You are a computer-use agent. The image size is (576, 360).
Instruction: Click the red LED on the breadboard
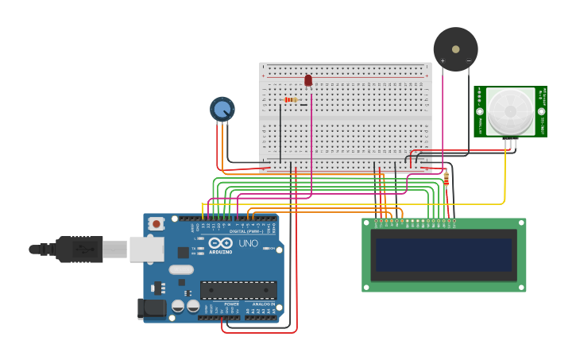point(308,80)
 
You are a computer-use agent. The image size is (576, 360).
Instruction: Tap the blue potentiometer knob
point(222,109)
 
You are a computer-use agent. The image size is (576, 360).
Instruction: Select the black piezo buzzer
point(455,49)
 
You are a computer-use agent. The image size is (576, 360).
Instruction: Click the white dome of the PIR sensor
point(511,110)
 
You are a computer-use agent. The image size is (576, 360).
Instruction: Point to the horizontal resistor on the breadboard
point(292,100)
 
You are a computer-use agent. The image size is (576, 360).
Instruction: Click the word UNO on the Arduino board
point(249,243)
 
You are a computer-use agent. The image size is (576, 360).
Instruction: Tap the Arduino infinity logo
point(221,243)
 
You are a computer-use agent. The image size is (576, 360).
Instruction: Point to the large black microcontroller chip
point(238,290)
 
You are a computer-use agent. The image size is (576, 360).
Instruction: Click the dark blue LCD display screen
point(444,254)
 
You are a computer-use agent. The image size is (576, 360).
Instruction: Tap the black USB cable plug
point(79,249)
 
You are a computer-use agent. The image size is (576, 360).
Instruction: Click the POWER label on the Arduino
point(232,304)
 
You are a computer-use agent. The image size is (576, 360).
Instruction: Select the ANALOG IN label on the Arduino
point(264,304)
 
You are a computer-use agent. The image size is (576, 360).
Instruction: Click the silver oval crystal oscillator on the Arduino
point(181,269)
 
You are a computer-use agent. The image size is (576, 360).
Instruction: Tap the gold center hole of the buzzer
point(455,48)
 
